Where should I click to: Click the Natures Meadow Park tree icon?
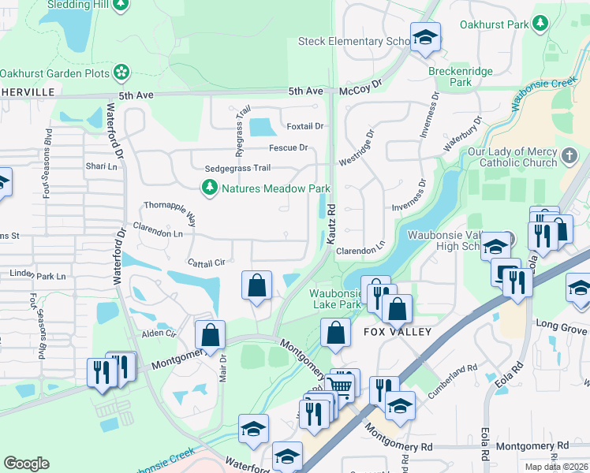[210, 188]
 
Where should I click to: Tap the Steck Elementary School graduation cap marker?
[425, 37]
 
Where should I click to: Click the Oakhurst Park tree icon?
[541, 24]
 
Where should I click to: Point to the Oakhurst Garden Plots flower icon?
[121, 73]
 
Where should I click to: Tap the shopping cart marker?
[340, 385]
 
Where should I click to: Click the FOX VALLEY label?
[397, 332]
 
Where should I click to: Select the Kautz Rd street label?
[332, 224]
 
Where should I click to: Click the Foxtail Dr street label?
[305, 126]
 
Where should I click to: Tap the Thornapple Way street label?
[170, 210]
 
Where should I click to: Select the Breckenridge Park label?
[461, 76]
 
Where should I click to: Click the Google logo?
[26, 464]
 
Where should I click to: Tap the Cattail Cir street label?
[207, 262]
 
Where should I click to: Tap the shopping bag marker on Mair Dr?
[211, 334]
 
